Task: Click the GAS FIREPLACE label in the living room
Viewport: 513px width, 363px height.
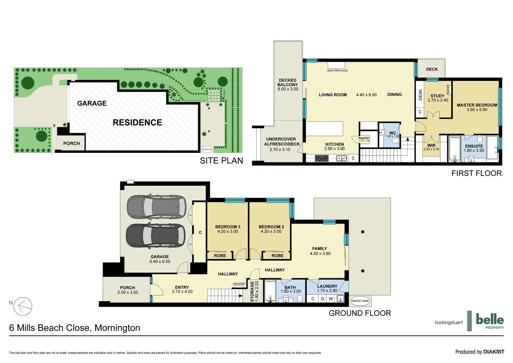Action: tap(337, 71)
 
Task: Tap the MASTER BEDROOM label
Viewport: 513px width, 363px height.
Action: tap(477, 105)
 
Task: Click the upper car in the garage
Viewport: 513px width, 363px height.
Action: tap(156, 207)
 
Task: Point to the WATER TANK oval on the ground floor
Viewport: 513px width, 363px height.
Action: tap(360, 301)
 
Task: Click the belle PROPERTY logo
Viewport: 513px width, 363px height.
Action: tap(489, 321)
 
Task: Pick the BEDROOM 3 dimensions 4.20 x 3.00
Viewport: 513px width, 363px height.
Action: tap(228, 232)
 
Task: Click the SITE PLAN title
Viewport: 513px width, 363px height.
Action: tap(221, 161)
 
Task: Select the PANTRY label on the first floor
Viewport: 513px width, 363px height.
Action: tap(364, 138)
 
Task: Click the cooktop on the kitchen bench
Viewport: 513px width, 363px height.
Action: tap(321, 158)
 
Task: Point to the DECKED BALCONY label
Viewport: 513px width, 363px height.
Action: tap(288, 82)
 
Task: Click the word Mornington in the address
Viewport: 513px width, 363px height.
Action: tap(117, 328)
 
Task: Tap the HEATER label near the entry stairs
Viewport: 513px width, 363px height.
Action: tap(239, 284)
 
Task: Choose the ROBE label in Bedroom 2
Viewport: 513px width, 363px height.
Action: tap(277, 256)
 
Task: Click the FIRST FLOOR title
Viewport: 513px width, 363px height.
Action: tap(476, 173)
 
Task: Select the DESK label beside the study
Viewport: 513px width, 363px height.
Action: tap(420, 95)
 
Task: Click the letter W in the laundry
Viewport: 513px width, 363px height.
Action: tap(331, 298)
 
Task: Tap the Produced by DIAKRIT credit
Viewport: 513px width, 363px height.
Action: tap(479, 352)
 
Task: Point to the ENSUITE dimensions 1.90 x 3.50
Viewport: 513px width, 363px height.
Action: tap(474, 151)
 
